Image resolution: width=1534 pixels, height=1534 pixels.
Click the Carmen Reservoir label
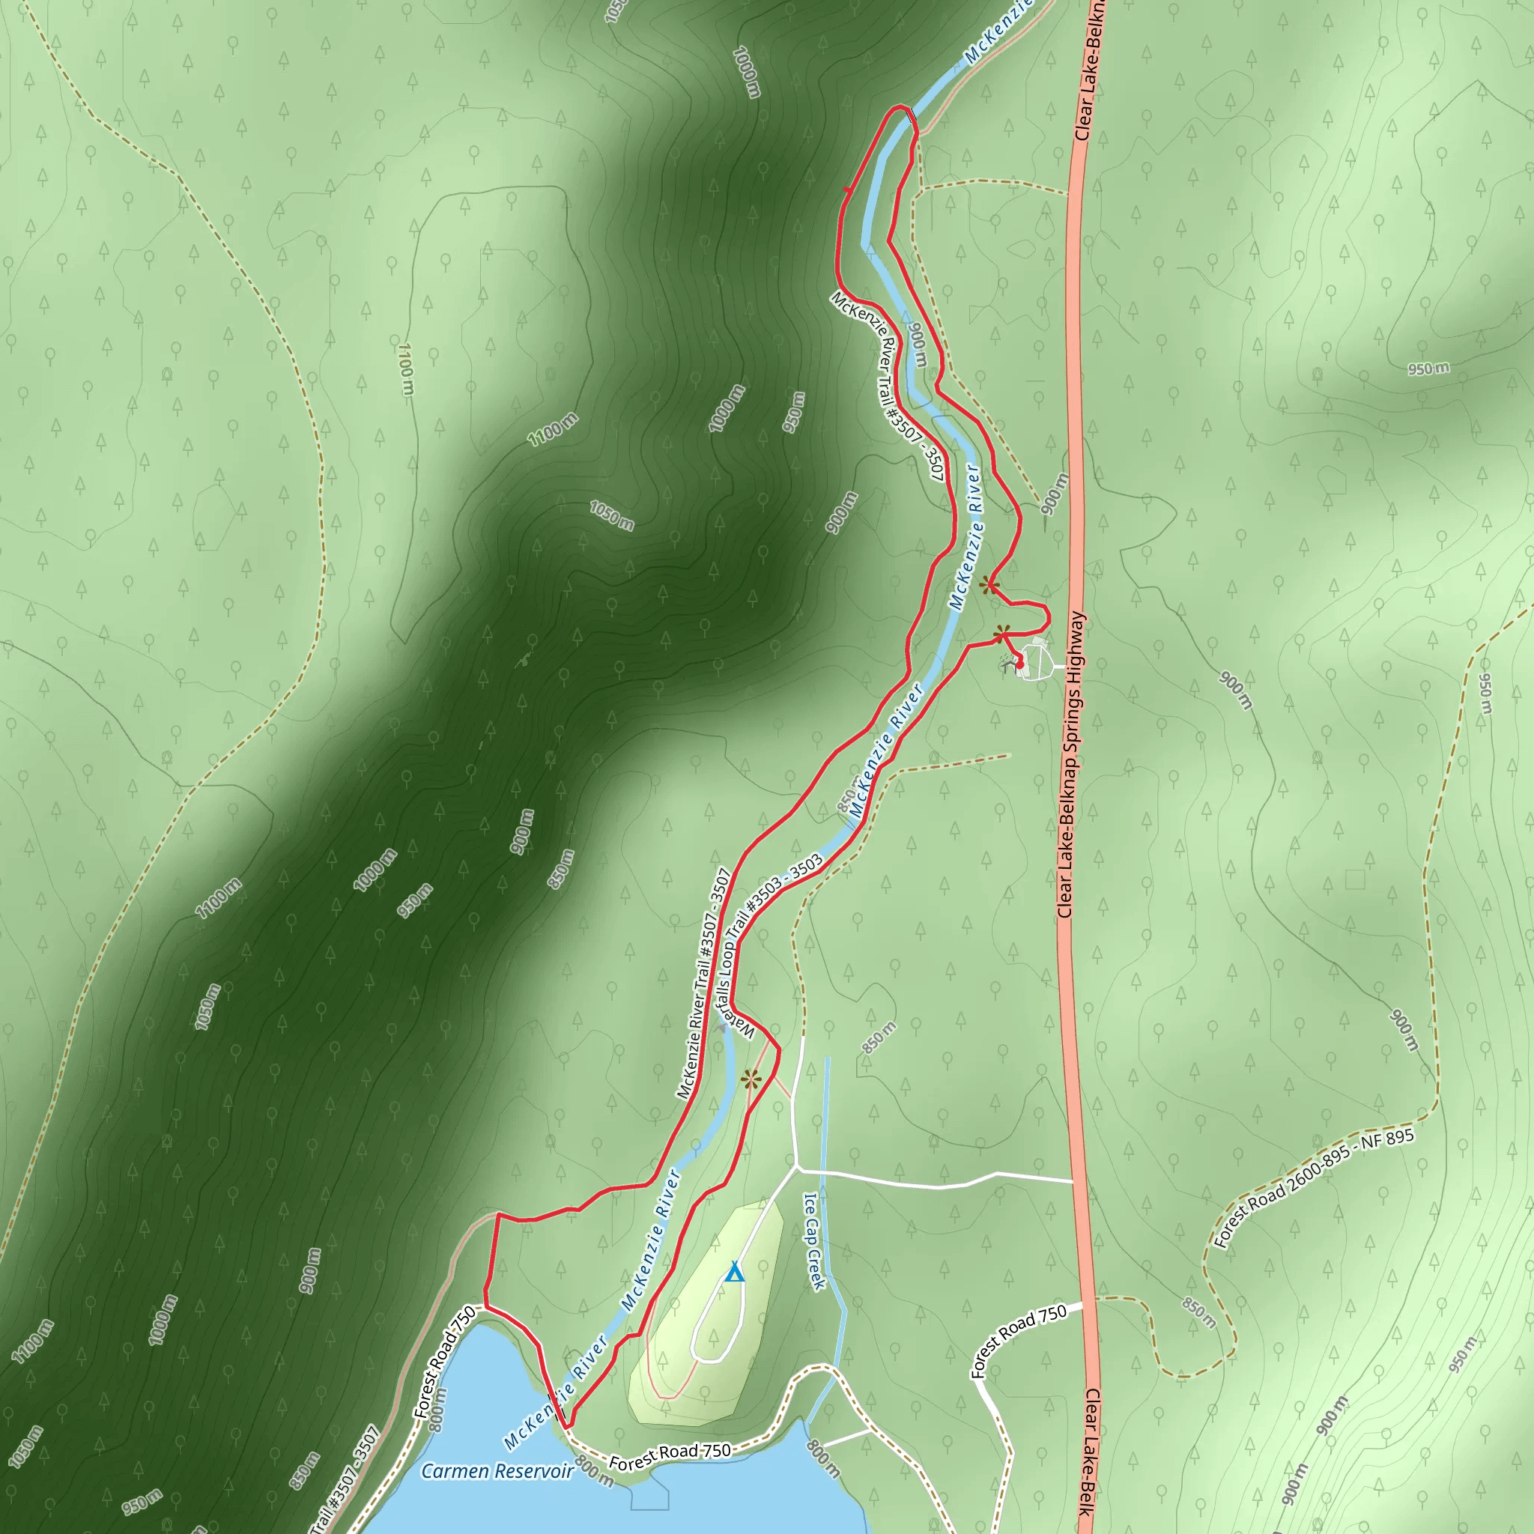click(497, 1471)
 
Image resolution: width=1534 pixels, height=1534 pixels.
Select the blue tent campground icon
click(735, 1273)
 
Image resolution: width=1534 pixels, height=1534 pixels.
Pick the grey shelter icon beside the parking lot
click(1009, 664)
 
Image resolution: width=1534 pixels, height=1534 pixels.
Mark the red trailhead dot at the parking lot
click(1019, 664)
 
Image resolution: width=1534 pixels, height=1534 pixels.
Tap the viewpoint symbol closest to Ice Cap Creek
click(751, 1079)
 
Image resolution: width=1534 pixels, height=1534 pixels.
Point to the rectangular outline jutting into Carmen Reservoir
click(649, 1497)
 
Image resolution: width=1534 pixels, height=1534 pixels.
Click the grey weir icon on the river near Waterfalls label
click(722, 1027)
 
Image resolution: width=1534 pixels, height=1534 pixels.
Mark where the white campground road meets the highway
click(1073, 1181)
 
